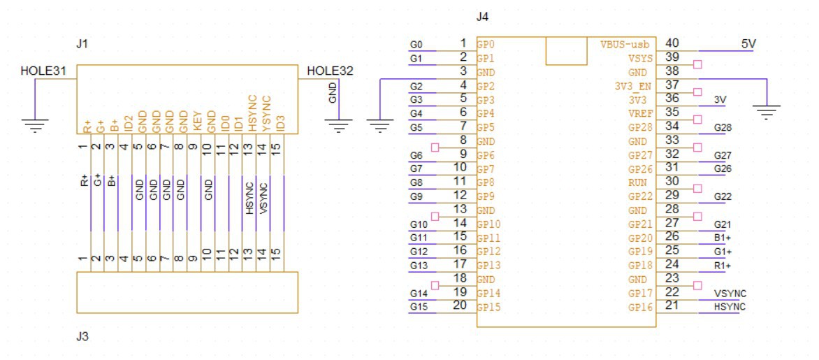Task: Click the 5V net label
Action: [748, 44]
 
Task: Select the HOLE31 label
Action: [43, 71]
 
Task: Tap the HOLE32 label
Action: [331, 71]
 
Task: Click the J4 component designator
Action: [483, 17]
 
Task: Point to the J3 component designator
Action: [82, 337]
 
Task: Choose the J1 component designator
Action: [82, 45]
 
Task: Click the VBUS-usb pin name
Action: [627, 44]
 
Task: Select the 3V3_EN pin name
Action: [634, 86]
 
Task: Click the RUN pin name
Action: [644, 183]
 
